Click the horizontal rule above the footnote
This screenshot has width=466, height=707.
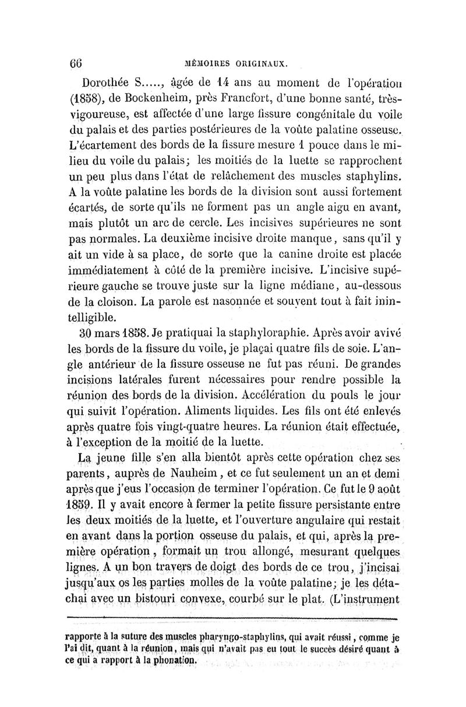[233, 619]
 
